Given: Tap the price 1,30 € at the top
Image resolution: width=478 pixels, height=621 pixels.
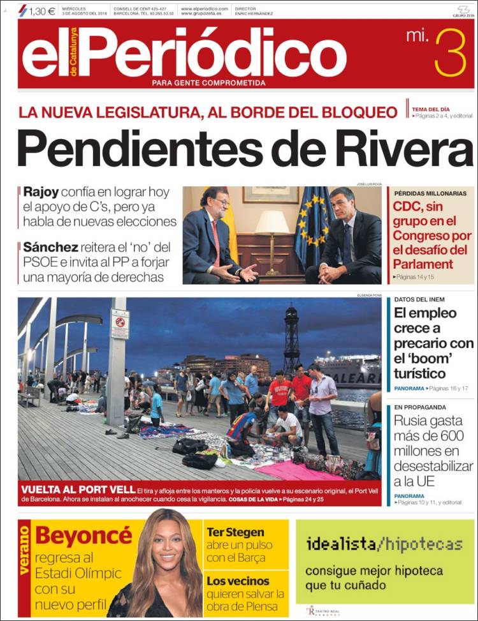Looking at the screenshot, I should point(41,11).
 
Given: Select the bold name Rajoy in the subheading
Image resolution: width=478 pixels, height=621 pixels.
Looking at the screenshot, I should point(41,191).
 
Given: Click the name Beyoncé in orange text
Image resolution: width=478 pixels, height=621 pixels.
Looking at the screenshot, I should point(83,535).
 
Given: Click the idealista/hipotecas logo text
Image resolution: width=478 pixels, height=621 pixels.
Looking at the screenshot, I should point(384,544).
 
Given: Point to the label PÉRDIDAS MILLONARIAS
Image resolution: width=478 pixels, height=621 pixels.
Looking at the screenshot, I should point(430,193).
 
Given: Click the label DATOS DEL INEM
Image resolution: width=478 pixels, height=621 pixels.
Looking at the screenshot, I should point(419,299).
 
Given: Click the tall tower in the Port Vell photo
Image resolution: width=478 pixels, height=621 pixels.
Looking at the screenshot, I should point(291,338).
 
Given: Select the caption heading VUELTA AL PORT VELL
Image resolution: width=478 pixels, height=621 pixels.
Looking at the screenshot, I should point(72,489).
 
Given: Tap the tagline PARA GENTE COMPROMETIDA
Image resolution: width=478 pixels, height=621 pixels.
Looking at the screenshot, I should point(208,83).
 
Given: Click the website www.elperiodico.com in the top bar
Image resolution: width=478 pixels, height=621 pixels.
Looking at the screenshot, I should point(204,8).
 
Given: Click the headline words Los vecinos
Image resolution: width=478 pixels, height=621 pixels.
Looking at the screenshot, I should point(238,581).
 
